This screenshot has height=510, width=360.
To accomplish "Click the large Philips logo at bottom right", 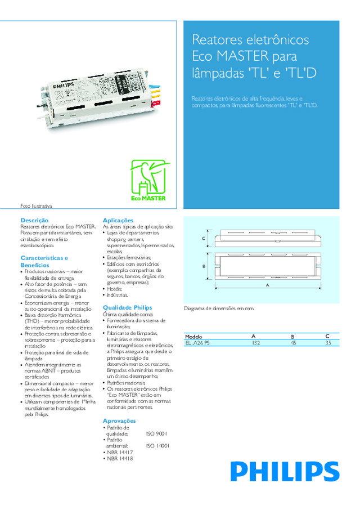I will [x=285, y=472].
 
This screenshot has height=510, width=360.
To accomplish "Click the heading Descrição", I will [x=34, y=220].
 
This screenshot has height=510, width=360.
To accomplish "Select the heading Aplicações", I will [x=118, y=220].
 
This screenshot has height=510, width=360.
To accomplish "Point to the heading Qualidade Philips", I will [x=127, y=307].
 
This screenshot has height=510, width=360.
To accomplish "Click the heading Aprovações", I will [x=119, y=420].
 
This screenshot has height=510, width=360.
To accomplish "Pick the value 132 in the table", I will [x=256, y=342].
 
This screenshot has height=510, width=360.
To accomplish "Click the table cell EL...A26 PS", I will [x=197, y=342].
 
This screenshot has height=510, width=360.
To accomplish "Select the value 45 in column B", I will [x=292, y=342].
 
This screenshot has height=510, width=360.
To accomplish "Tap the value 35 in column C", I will [x=328, y=342].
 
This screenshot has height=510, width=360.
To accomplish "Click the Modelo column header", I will [x=193, y=336].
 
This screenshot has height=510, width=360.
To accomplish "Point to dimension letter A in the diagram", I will [x=268, y=285].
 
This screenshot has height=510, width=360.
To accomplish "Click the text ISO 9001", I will [x=156, y=433].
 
